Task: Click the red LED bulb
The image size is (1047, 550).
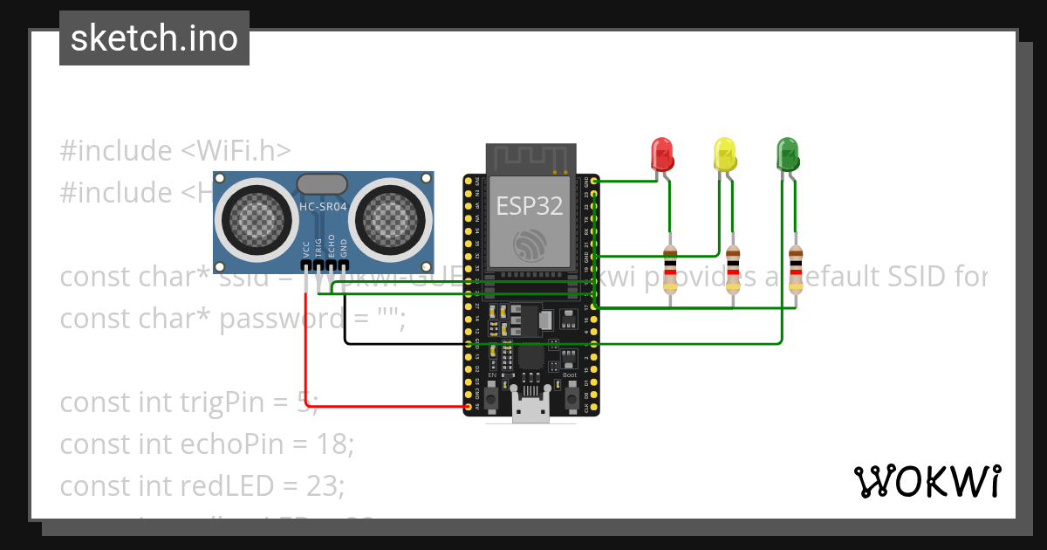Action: (662, 154)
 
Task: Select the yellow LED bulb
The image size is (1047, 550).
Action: (724, 154)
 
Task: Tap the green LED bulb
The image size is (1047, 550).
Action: (787, 154)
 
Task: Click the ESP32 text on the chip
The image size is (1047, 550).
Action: (530, 206)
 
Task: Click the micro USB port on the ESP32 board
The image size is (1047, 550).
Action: (530, 411)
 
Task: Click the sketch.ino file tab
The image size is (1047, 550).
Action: (154, 38)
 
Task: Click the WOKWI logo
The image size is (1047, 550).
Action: (927, 482)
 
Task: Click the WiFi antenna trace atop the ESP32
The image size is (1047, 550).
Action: (530, 159)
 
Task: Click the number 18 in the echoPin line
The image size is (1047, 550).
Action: (332, 444)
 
